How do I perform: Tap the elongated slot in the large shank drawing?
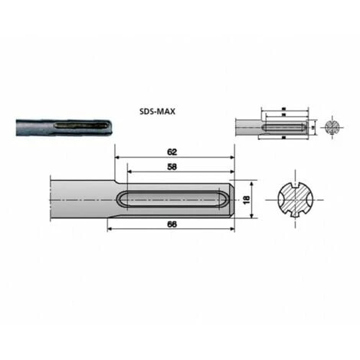pos(172,199)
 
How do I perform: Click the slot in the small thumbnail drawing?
pos(286,126)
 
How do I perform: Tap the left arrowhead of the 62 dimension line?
pos(118,159)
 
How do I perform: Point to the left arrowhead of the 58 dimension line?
pos(129,173)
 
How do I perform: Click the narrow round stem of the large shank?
pos(77,199)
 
